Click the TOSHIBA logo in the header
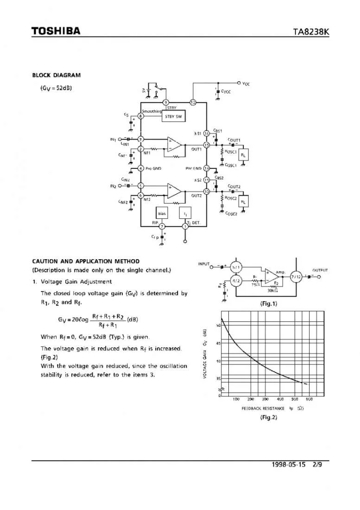tap(56, 32)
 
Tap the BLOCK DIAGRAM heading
tap(56, 75)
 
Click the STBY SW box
tap(173, 116)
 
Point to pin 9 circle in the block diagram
tap(165, 102)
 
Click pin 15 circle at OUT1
tap(207, 145)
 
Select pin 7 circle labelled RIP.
tap(162, 226)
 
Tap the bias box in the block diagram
tap(162, 213)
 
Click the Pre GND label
tap(153, 168)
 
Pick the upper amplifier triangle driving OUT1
tap(174, 143)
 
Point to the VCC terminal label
tap(246, 83)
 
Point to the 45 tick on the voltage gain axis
tap(218, 343)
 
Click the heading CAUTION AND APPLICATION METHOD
tap(86, 261)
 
